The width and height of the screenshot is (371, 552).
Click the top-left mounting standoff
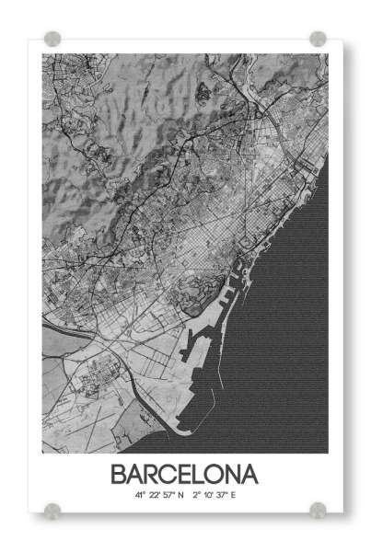(x=52, y=39)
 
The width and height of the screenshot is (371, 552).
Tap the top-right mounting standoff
(x=318, y=39)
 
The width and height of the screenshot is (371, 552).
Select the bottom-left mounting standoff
(x=52, y=509)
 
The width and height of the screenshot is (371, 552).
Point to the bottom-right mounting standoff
(x=318, y=509)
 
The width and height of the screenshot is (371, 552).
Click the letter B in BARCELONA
(x=120, y=475)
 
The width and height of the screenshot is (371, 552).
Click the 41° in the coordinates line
(x=139, y=495)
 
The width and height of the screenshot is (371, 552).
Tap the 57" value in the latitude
(x=168, y=495)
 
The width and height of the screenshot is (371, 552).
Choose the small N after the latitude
(x=181, y=495)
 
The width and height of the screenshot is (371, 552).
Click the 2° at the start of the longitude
(x=197, y=495)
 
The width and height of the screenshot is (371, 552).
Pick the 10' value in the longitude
(x=210, y=495)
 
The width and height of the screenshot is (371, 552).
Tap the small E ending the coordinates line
(x=234, y=495)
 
